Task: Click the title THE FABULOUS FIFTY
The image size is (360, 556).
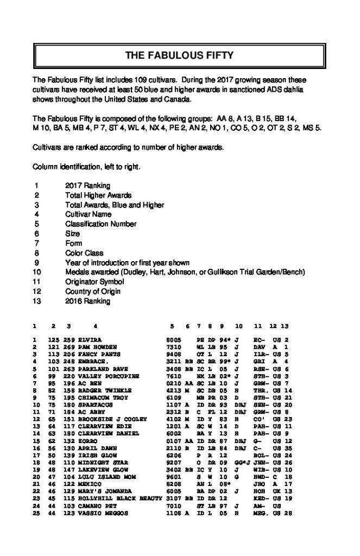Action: click(x=179, y=55)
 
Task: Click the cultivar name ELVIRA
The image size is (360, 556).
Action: click(x=90, y=339)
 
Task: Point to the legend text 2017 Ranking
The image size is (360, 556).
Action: click(x=87, y=186)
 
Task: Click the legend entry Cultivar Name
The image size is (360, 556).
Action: click(x=86, y=214)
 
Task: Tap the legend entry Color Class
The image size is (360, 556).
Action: click(x=84, y=253)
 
